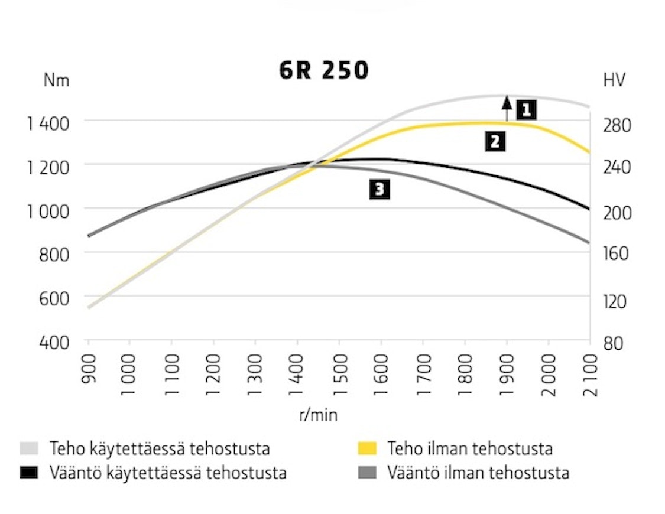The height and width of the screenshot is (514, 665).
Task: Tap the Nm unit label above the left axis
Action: [56, 81]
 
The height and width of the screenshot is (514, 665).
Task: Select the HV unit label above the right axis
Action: [614, 80]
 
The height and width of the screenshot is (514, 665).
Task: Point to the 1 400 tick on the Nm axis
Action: [48, 123]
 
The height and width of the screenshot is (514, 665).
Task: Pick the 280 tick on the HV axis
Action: [616, 125]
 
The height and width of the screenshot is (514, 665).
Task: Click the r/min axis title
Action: [319, 415]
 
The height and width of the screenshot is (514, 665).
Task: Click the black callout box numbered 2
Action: [495, 142]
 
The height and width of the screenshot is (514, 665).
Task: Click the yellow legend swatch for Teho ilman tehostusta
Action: [368, 448]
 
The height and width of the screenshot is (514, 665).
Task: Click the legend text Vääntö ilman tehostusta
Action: [478, 473]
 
